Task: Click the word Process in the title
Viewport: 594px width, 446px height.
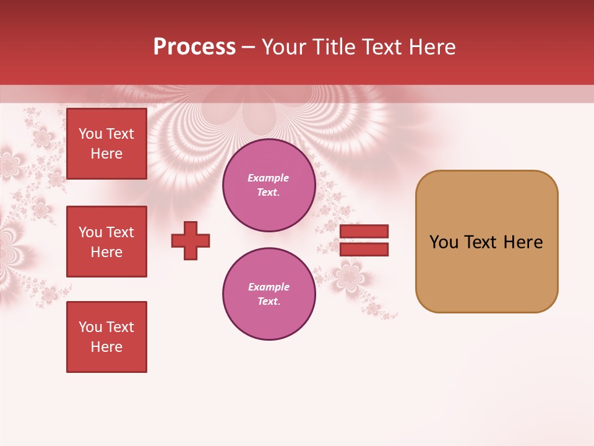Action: (194, 47)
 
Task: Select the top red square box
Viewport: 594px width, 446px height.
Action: (106, 144)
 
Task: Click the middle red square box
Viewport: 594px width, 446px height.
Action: (106, 242)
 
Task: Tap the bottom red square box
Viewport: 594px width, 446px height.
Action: (106, 337)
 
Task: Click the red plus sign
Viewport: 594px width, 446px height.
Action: (191, 240)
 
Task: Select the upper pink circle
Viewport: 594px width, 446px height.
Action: (269, 185)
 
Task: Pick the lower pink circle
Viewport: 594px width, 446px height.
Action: (269, 294)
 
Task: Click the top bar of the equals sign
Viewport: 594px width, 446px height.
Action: (364, 231)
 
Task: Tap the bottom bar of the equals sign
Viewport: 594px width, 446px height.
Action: (364, 250)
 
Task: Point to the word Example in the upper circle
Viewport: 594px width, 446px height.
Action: (268, 178)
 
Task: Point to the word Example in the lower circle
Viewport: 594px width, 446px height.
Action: (269, 287)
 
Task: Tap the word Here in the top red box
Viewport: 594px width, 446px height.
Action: (106, 154)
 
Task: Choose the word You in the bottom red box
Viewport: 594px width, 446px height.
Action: (90, 327)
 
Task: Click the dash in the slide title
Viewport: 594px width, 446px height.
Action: (248, 48)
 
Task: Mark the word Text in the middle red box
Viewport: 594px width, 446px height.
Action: (120, 232)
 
